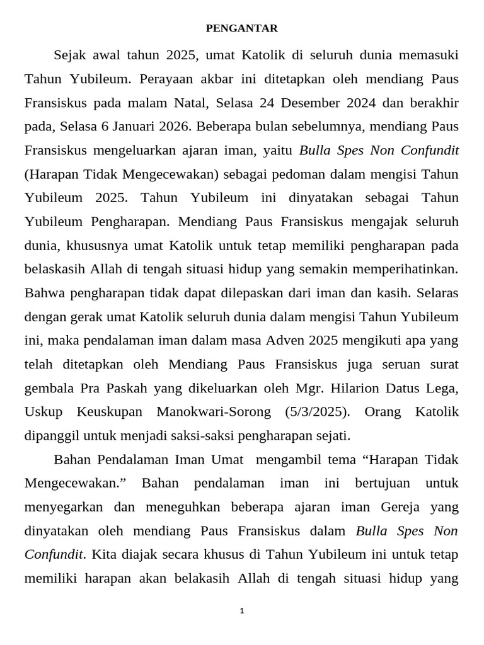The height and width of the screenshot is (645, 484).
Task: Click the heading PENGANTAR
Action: [x=242, y=28]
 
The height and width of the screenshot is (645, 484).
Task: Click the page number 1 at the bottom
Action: [x=242, y=610]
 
